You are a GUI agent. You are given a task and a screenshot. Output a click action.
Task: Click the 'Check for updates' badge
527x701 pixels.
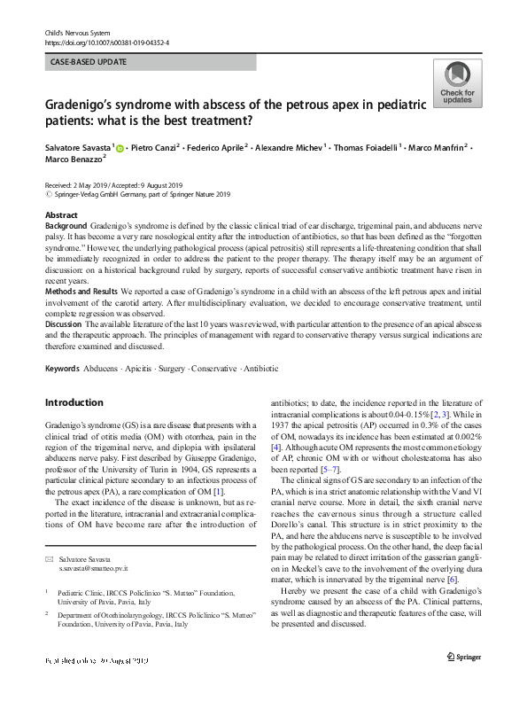456,83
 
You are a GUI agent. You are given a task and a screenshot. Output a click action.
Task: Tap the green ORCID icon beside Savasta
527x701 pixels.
121,145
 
